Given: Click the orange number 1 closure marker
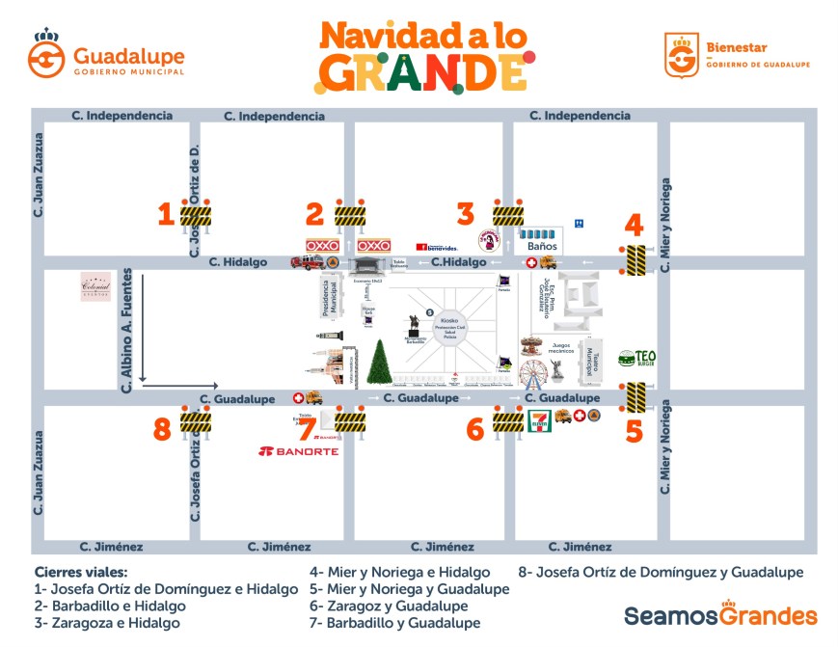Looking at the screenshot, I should (x=166, y=212).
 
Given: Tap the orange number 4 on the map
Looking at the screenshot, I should (x=634, y=226).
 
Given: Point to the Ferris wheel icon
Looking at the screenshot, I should (x=533, y=372).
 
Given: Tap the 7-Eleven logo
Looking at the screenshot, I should (x=540, y=421).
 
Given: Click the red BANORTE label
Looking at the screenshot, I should (x=299, y=451).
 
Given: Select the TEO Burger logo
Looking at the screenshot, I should (x=637, y=360).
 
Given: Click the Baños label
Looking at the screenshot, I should (x=542, y=246).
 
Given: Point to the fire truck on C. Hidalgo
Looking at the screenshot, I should (x=301, y=262).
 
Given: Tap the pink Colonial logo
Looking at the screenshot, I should (x=96, y=286).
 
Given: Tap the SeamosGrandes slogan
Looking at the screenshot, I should (x=720, y=615).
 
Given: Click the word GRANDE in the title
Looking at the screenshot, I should (x=423, y=71).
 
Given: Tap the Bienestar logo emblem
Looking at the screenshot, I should (x=681, y=55).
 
